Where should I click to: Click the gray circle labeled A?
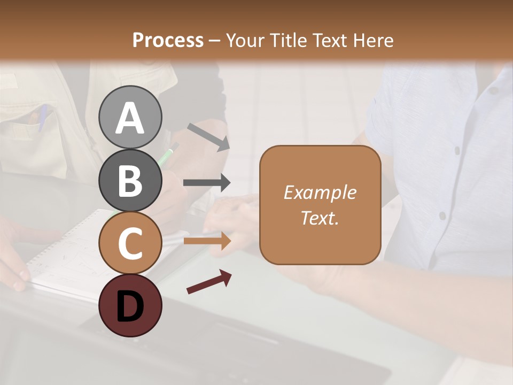130,117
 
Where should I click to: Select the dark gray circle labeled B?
130,180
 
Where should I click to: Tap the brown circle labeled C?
130,243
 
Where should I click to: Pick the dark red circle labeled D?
130,305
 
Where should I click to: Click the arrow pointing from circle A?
208,137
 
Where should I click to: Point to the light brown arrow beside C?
207,241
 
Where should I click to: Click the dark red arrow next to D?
208,282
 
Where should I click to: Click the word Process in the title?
168,40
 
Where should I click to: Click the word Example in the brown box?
320,192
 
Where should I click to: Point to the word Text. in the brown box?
320,218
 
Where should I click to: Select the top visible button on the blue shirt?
493,91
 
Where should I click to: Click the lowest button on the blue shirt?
442,215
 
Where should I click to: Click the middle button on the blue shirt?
457,151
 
